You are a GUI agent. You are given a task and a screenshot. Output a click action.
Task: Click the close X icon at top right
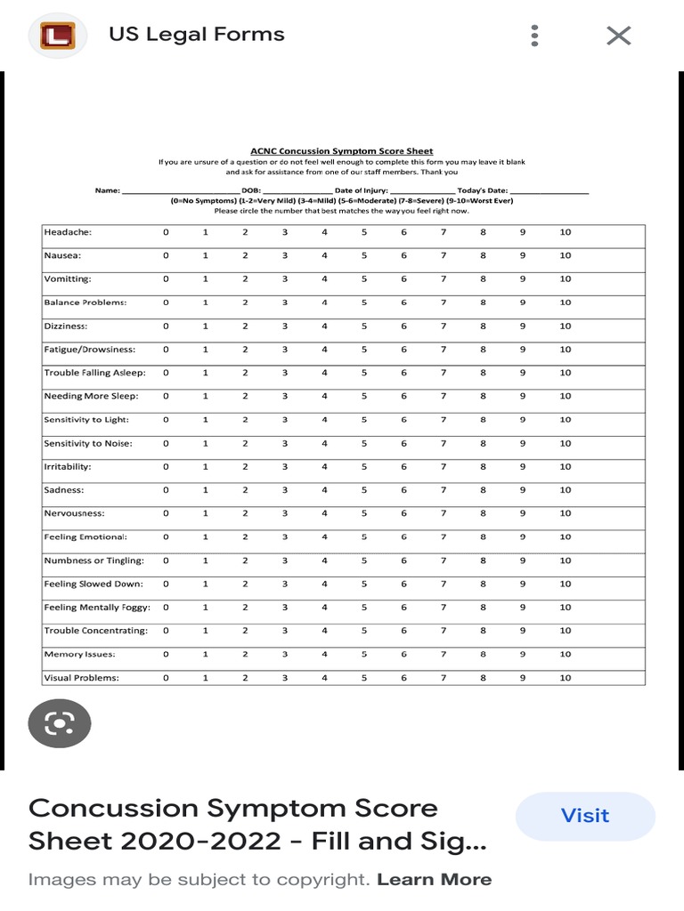click(x=618, y=36)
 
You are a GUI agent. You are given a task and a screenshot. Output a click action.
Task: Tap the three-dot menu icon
click(x=534, y=36)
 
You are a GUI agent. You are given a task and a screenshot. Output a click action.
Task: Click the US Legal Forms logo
click(x=59, y=36)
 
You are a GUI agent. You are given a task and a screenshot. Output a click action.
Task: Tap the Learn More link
click(x=434, y=880)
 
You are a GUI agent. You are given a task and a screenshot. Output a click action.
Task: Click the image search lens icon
click(x=60, y=723)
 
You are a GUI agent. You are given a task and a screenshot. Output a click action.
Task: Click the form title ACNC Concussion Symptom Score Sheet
click(x=341, y=151)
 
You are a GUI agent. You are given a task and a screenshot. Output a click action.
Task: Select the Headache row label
click(x=69, y=232)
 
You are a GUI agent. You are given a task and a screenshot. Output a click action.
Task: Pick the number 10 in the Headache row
click(x=566, y=232)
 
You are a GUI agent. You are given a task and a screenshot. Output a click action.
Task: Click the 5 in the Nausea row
click(x=364, y=255)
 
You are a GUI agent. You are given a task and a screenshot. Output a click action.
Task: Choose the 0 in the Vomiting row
click(x=166, y=279)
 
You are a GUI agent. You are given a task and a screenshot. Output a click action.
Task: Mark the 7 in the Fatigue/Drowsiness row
click(x=443, y=350)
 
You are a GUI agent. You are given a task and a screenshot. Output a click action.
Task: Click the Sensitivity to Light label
click(x=86, y=420)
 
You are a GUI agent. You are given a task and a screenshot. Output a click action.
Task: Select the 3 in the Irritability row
click(x=285, y=467)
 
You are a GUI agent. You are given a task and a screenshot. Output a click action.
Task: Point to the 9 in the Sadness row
click(x=523, y=490)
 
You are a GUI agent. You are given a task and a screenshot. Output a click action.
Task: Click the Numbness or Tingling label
click(x=94, y=560)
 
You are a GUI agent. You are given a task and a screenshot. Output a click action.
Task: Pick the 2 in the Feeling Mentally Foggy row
click(x=245, y=608)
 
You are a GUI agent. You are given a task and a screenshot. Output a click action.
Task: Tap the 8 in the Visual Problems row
click(x=483, y=678)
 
